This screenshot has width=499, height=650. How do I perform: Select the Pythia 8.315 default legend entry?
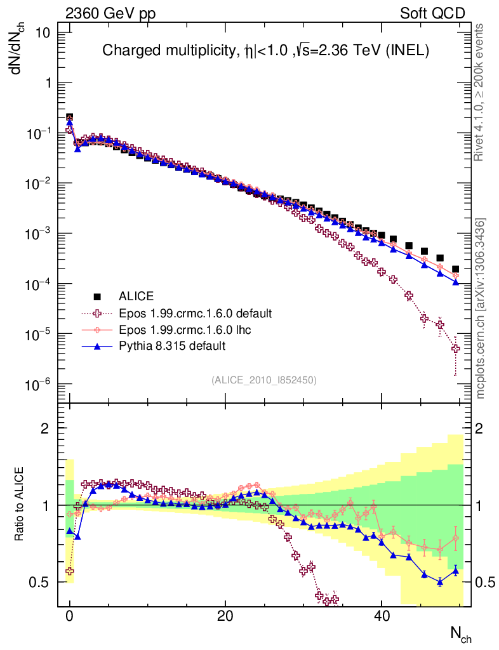[x=172, y=346]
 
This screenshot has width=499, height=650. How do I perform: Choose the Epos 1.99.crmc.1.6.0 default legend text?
[x=196, y=313]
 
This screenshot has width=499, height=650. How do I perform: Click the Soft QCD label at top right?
[x=432, y=13]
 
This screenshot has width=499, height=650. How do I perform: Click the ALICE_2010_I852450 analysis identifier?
[x=263, y=380]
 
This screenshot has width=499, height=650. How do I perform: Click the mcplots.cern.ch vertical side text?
[x=481, y=308]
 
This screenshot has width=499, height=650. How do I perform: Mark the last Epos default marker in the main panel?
[x=455, y=348]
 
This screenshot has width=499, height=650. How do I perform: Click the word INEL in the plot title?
[x=410, y=51]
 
